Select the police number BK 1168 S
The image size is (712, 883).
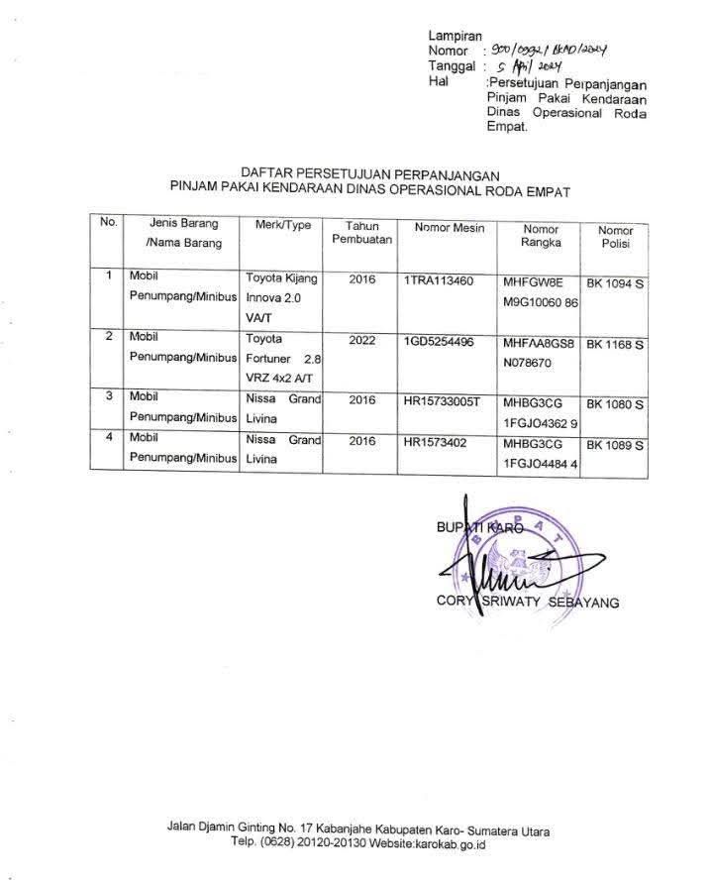pos(615,345)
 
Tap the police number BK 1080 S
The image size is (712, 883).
pos(615,404)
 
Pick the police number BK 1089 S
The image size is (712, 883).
pos(615,445)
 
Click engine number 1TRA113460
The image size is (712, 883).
pos(439,280)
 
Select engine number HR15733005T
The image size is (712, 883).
pos(442,400)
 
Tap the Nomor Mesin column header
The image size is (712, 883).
pos(450,228)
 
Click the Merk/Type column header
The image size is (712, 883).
pos(283,226)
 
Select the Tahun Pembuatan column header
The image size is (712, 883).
pos(362,234)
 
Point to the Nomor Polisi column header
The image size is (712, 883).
pos(615,237)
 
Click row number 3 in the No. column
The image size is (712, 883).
pos(108,396)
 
